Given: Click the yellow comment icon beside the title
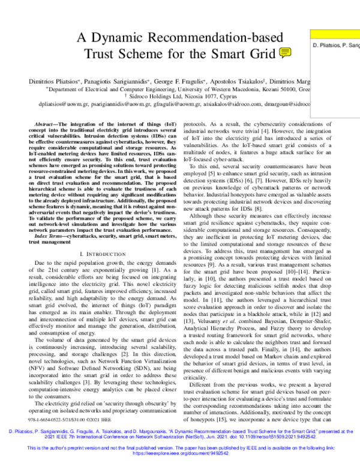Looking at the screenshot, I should pyautogui.click(x=286, y=53).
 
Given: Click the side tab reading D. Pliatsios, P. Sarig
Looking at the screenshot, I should pyautogui.click(x=336, y=46).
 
